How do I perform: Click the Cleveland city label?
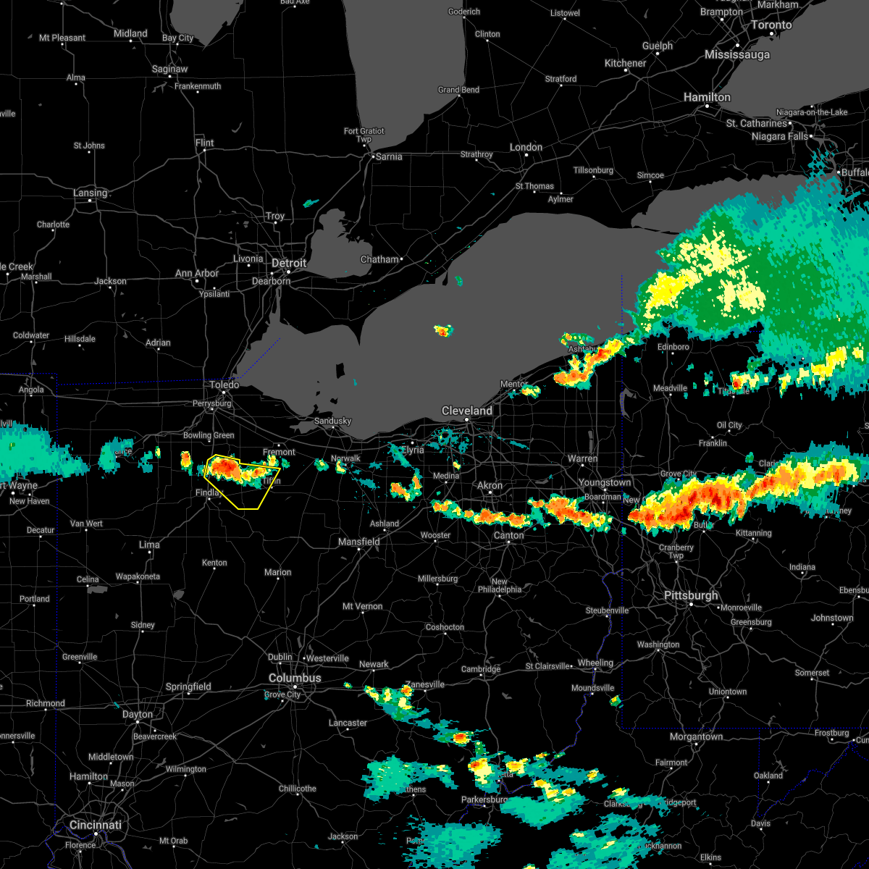pyautogui.click(x=467, y=411)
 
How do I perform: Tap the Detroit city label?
pyautogui.click(x=289, y=263)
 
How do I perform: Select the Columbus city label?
pyautogui.click(x=295, y=678)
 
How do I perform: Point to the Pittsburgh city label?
pyautogui.click(x=691, y=595)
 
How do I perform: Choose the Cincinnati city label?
pyautogui.click(x=95, y=825)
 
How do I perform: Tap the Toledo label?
pyautogui.click(x=224, y=385)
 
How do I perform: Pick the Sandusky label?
pyautogui.click(x=332, y=421)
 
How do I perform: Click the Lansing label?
pyautogui.click(x=90, y=193)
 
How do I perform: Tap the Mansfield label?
pyautogui.click(x=359, y=542)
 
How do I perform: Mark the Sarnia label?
pyautogui.click(x=388, y=156)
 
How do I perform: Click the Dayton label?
pyautogui.click(x=138, y=714)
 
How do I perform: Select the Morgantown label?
pyautogui.click(x=696, y=736)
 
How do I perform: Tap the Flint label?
pyautogui.click(x=204, y=143)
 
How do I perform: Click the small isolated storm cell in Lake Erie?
pyautogui.click(x=442, y=331)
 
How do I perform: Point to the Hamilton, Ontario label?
pyautogui.click(x=707, y=96)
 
